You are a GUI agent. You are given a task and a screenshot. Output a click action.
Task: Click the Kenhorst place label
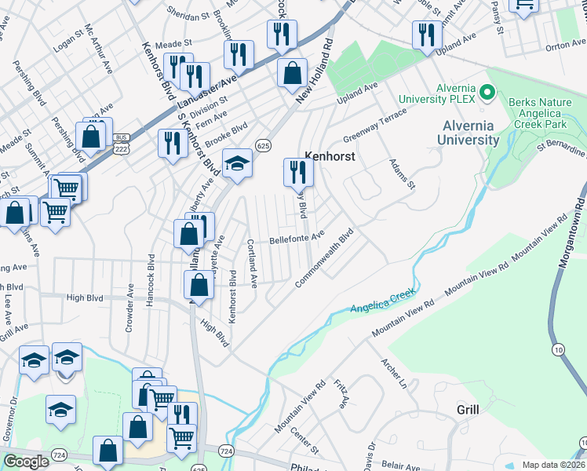tap(330, 156)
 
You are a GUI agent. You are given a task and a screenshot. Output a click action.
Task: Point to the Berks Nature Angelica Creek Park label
tap(548, 114)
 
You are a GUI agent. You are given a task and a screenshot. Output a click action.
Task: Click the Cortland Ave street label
tap(252, 263)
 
